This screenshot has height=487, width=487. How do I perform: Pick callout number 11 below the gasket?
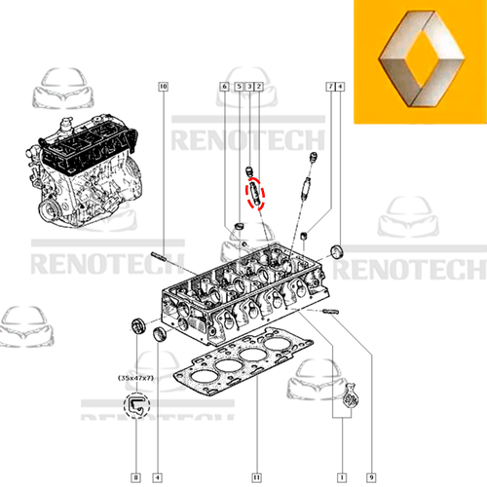click(x=255, y=476)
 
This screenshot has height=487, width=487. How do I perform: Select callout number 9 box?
click(x=371, y=476)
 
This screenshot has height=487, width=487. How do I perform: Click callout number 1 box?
click(x=342, y=476)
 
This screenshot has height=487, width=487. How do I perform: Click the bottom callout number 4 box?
click(x=157, y=476)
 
